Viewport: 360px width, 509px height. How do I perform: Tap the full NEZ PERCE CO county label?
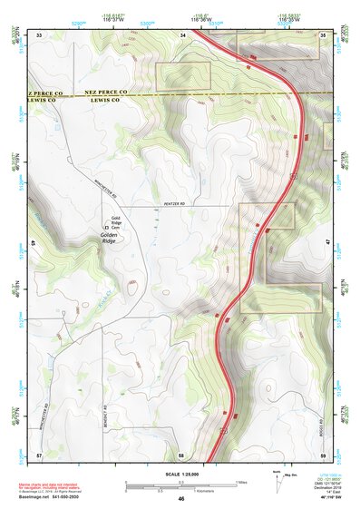[x=106, y=93]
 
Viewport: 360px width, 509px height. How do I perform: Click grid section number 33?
[x=39, y=34]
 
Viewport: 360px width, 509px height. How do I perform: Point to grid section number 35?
[x=324, y=34]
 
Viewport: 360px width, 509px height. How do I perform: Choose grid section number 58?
[x=181, y=454]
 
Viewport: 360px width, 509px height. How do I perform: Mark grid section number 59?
[x=324, y=454]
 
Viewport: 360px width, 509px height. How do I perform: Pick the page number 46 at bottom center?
[x=181, y=499]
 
